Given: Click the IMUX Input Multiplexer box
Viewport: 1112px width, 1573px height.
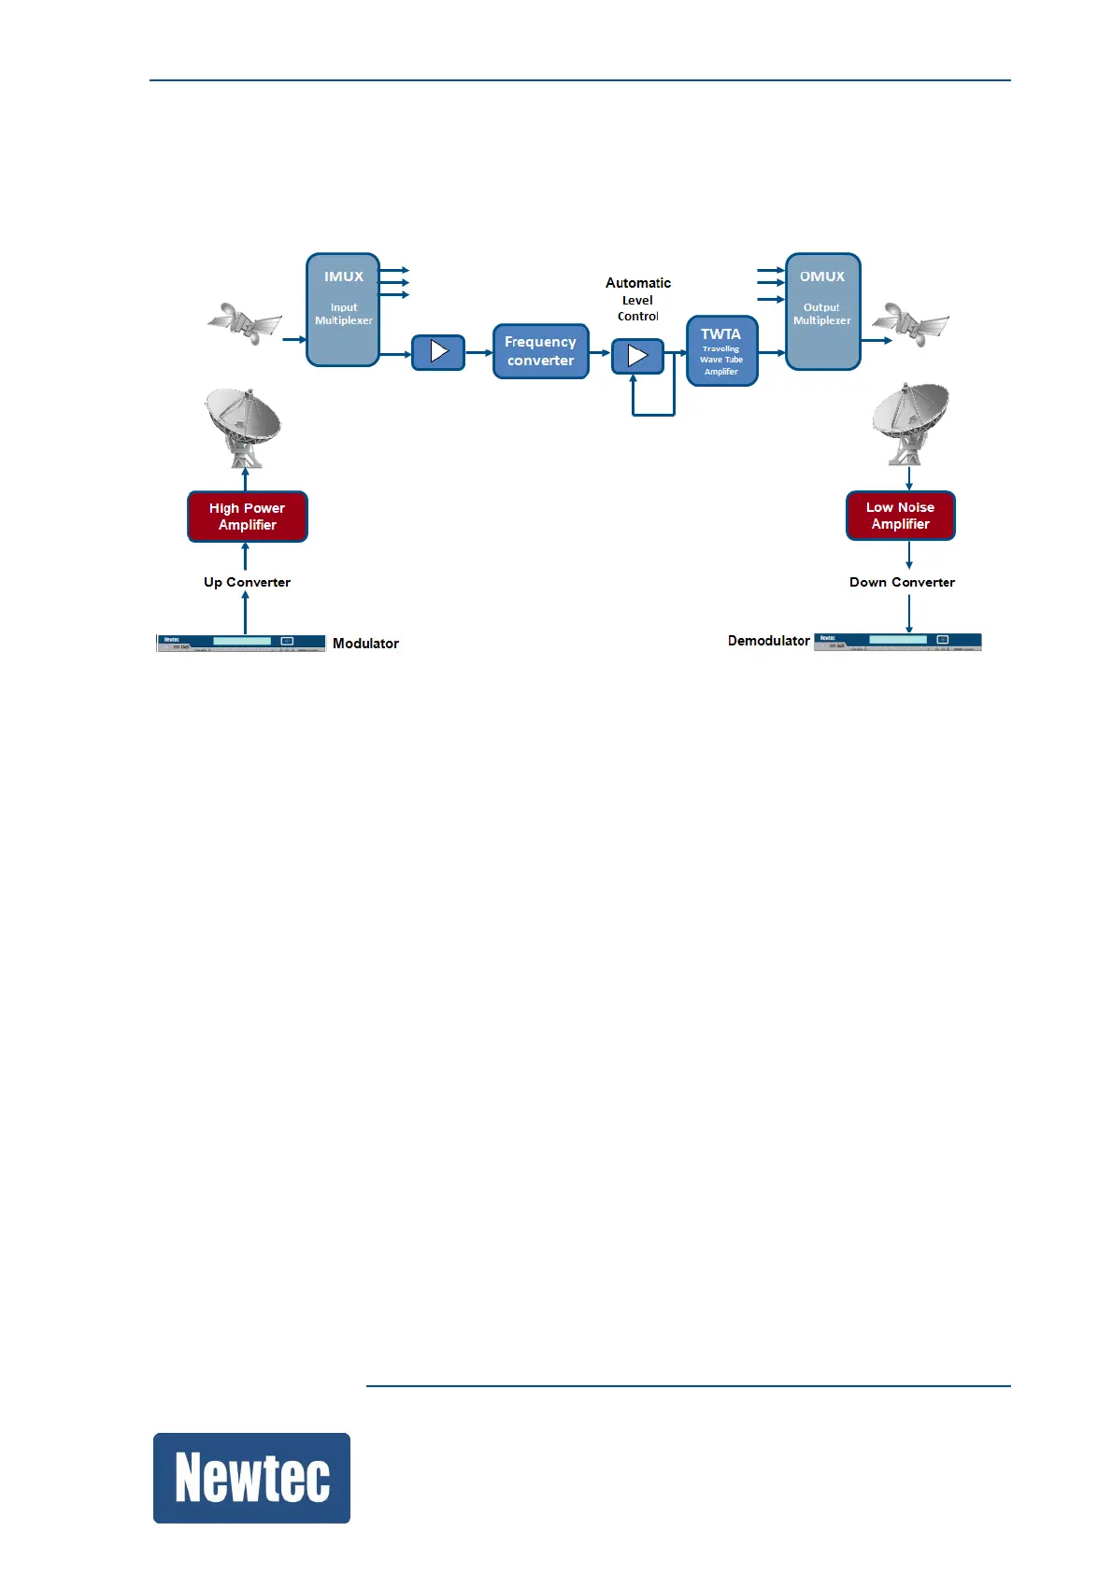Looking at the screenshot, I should pyautogui.click(x=343, y=309).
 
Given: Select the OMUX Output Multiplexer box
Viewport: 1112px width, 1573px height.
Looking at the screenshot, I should pyautogui.click(x=822, y=311).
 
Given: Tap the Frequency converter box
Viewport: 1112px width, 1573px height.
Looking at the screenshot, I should pyautogui.click(x=540, y=351).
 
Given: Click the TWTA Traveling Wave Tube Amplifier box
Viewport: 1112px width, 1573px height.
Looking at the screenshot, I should pyautogui.click(x=721, y=351).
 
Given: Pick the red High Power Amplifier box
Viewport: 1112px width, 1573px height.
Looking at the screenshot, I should pyautogui.click(x=248, y=517).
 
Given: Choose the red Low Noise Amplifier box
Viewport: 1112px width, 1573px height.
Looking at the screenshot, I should pyautogui.click(x=900, y=516).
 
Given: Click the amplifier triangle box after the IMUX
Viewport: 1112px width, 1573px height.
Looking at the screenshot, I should pyautogui.click(x=438, y=352).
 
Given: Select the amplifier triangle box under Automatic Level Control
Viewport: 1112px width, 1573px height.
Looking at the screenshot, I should pyautogui.click(x=637, y=356).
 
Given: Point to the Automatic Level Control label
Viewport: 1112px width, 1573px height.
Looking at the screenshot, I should pyautogui.click(x=638, y=299).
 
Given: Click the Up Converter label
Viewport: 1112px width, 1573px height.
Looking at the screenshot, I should pyautogui.click(x=247, y=582).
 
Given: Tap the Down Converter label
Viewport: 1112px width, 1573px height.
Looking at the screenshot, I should pyautogui.click(x=902, y=582).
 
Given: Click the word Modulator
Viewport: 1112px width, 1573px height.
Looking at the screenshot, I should pyautogui.click(x=365, y=644).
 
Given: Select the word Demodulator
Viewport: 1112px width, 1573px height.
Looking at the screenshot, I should pyautogui.click(x=768, y=641).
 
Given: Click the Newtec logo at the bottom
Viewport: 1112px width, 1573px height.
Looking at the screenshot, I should pyautogui.click(x=251, y=1478).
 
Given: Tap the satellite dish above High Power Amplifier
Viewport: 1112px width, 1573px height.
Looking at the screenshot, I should pyautogui.click(x=243, y=426).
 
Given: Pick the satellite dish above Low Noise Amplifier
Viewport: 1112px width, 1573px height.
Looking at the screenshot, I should pyautogui.click(x=908, y=421).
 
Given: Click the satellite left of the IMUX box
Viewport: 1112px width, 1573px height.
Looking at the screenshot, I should pyautogui.click(x=244, y=323).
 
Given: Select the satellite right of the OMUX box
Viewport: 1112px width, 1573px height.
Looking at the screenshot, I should pyautogui.click(x=909, y=323).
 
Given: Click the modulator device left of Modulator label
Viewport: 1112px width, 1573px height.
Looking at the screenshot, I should pyautogui.click(x=240, y=643).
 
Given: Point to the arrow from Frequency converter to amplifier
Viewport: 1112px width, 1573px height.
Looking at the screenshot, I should pyautogui.click(x=600, y=353).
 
